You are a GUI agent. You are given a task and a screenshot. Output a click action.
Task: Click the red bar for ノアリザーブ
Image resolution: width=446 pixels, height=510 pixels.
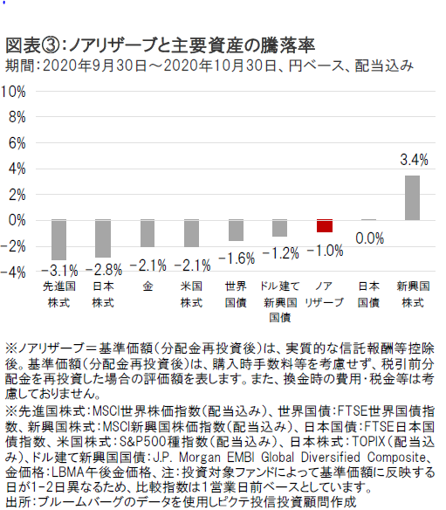(x=325, y=226)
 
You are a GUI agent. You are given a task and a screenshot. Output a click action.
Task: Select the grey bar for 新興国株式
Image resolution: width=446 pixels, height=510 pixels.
(x=412, y=197)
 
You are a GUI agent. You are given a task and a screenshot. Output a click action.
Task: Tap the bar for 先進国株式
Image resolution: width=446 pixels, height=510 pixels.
(x=58, y=239)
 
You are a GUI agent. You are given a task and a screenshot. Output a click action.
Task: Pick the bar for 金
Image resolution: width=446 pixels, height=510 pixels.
(x=148, y=233)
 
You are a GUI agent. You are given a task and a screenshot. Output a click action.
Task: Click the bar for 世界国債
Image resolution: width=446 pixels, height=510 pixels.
(x=236, y=231)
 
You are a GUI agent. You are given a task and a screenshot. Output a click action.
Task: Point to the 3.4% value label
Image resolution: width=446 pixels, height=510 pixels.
(x=414, y=160)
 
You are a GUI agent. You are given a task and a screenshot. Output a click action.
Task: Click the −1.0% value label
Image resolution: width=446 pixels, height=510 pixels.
(x=325, y=251)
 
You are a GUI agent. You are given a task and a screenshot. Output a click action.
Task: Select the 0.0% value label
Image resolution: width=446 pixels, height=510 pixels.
(x=369, y=238)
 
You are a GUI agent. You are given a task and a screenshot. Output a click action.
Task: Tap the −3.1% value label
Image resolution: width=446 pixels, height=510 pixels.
(x=59, y=270)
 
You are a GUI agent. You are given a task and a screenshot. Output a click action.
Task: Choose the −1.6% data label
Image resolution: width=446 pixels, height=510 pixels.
(x=237, y=258)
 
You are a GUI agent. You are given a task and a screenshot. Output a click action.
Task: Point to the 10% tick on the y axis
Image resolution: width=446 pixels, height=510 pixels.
(x=13, y=92)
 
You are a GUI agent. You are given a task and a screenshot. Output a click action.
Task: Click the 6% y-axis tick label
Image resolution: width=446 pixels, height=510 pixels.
(x=17, y=143)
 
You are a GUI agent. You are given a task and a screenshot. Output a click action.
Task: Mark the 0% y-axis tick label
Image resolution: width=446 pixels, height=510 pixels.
(x=17, y=221)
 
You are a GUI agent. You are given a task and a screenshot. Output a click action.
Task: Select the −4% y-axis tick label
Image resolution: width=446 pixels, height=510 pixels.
(x=13, y=272)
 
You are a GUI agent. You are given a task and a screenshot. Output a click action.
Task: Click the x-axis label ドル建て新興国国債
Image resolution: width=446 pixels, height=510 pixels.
(x=280, y=301)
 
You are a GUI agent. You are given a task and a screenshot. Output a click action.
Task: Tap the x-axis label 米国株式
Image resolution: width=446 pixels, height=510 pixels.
(x=191, y=294)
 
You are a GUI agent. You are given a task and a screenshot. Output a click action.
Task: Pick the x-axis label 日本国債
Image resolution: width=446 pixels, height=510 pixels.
(x=368, y=294)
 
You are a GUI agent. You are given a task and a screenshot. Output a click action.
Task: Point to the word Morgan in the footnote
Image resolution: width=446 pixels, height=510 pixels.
(x=200, y=458)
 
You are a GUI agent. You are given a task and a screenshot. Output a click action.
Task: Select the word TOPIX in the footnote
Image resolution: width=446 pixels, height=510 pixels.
(x=368, y=442)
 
